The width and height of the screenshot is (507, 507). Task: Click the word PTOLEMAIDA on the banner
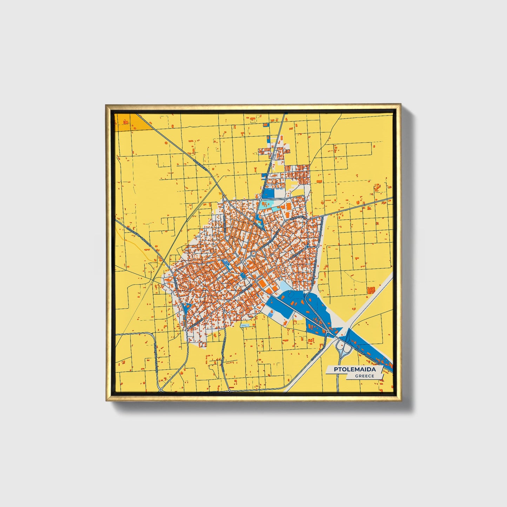click(354, 369)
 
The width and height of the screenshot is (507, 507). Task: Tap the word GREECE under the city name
click(365, 376)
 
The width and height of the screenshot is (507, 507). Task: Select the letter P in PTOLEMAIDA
click(336, 369)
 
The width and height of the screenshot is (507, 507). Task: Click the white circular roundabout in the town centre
click(253, 253)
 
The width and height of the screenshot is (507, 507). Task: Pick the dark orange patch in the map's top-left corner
click(125, 122)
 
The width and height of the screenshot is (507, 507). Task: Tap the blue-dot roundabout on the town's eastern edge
click(307, 247)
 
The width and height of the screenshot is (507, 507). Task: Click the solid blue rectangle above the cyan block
click(269, 193)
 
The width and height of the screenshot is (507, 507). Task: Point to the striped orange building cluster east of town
click(371, 290)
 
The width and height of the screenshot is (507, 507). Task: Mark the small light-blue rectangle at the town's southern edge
click(245, 325)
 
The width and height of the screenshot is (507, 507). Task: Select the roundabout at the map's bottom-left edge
click(160, 389)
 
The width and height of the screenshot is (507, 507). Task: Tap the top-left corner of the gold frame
click(106, 105)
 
